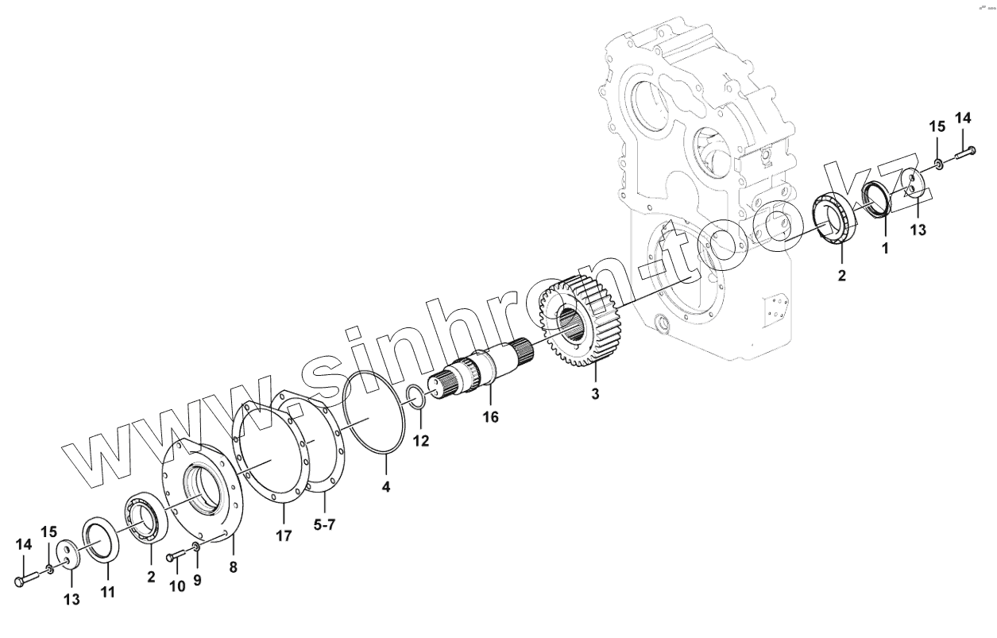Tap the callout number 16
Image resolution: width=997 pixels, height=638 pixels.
tap(491, 416)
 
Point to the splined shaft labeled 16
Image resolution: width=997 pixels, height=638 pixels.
tap(477, 371)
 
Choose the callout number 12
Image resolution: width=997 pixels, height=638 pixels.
tap(421, 441)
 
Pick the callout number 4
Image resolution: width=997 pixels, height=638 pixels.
tap(386, 486)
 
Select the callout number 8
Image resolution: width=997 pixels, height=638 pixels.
tap(233, 567)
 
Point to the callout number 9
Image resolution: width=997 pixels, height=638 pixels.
tap(197, 581)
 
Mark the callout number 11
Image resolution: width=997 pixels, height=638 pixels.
tap(107, 592)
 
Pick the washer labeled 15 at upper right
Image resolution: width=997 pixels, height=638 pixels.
tap(938, 164)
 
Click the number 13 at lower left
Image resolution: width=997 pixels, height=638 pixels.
tap(71, 600)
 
